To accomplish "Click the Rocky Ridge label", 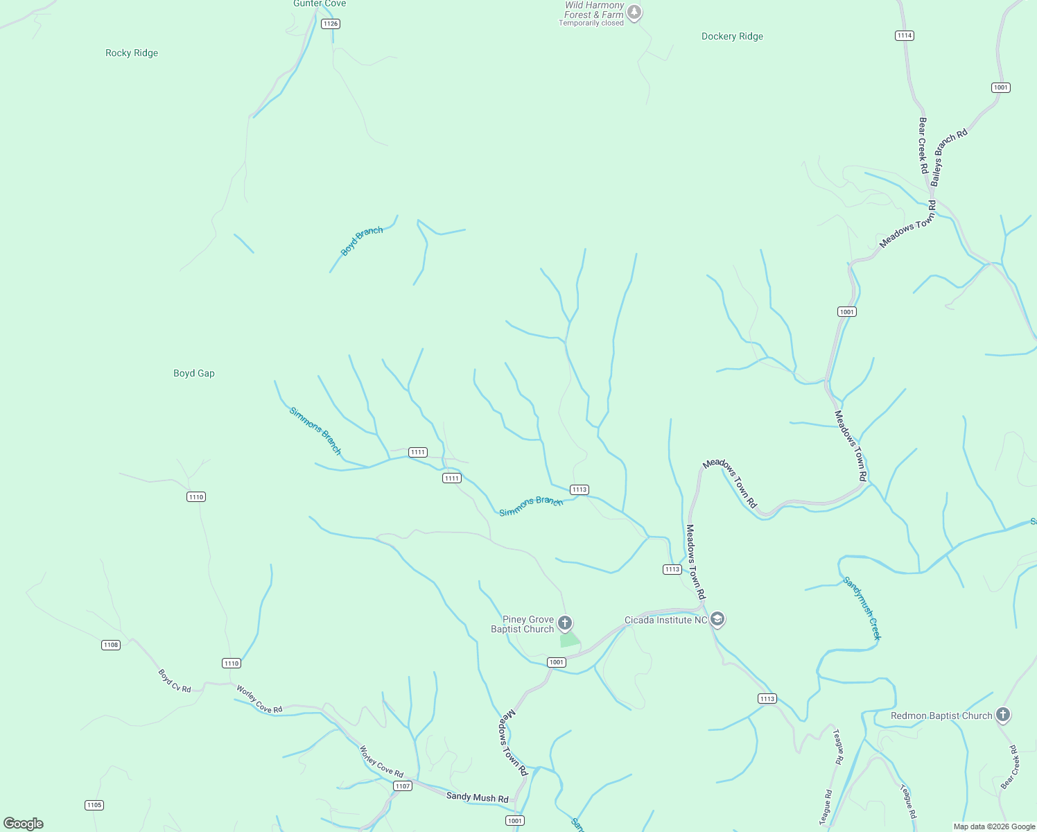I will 132,53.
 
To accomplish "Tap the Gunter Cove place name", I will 320,4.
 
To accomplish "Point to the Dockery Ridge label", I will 732,37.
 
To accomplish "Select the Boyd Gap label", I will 194,374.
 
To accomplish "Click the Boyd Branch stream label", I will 361,241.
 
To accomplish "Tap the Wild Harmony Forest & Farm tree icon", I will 634,12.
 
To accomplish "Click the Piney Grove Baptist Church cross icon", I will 565,623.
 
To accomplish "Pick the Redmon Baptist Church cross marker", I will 1002,714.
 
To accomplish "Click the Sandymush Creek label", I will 862,608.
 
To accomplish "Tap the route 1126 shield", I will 331,24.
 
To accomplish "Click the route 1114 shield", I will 905,35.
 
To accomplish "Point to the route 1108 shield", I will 111,645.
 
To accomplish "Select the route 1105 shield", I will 94,805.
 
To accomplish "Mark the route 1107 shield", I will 403,786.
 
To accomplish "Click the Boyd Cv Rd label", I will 174,681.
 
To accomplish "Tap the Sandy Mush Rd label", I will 477,797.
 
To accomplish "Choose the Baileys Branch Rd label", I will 948,158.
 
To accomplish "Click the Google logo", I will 24,824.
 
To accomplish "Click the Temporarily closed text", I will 591,24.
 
